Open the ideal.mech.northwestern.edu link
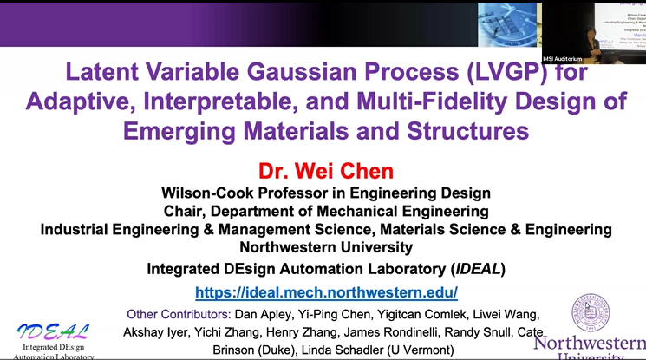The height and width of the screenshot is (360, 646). [326, 292]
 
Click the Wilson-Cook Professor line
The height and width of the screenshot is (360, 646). [326, 193]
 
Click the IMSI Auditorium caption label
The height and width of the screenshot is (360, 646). [562, 58]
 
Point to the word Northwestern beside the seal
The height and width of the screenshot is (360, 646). [589, 344]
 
